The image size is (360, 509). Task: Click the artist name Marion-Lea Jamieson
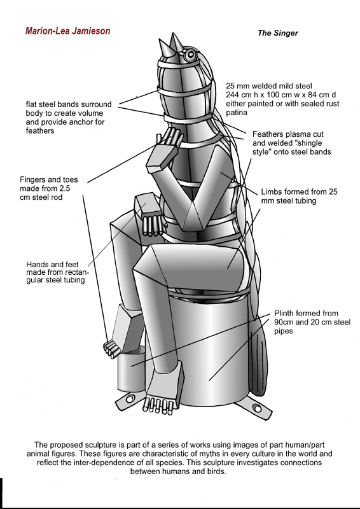[68, 31]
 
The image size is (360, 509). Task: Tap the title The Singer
[277, 33]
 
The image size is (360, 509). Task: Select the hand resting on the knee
[150, 214]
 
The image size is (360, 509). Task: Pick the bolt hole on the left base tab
[130, 399]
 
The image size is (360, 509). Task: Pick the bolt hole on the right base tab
[257, 408]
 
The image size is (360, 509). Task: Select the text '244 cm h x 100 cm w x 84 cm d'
[281, 95]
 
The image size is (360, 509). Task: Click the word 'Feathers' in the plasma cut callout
[267, 134]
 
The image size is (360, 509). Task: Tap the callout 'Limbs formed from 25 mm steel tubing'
[299, 196]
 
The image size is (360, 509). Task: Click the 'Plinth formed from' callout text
[306, 313]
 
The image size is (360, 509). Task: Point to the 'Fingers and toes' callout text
[49, 179]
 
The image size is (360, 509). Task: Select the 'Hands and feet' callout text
[52, 264]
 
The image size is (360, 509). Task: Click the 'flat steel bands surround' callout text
[69, 104]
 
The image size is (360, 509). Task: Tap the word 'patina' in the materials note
[237, 113]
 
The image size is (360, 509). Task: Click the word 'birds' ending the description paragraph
[216, 471]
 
